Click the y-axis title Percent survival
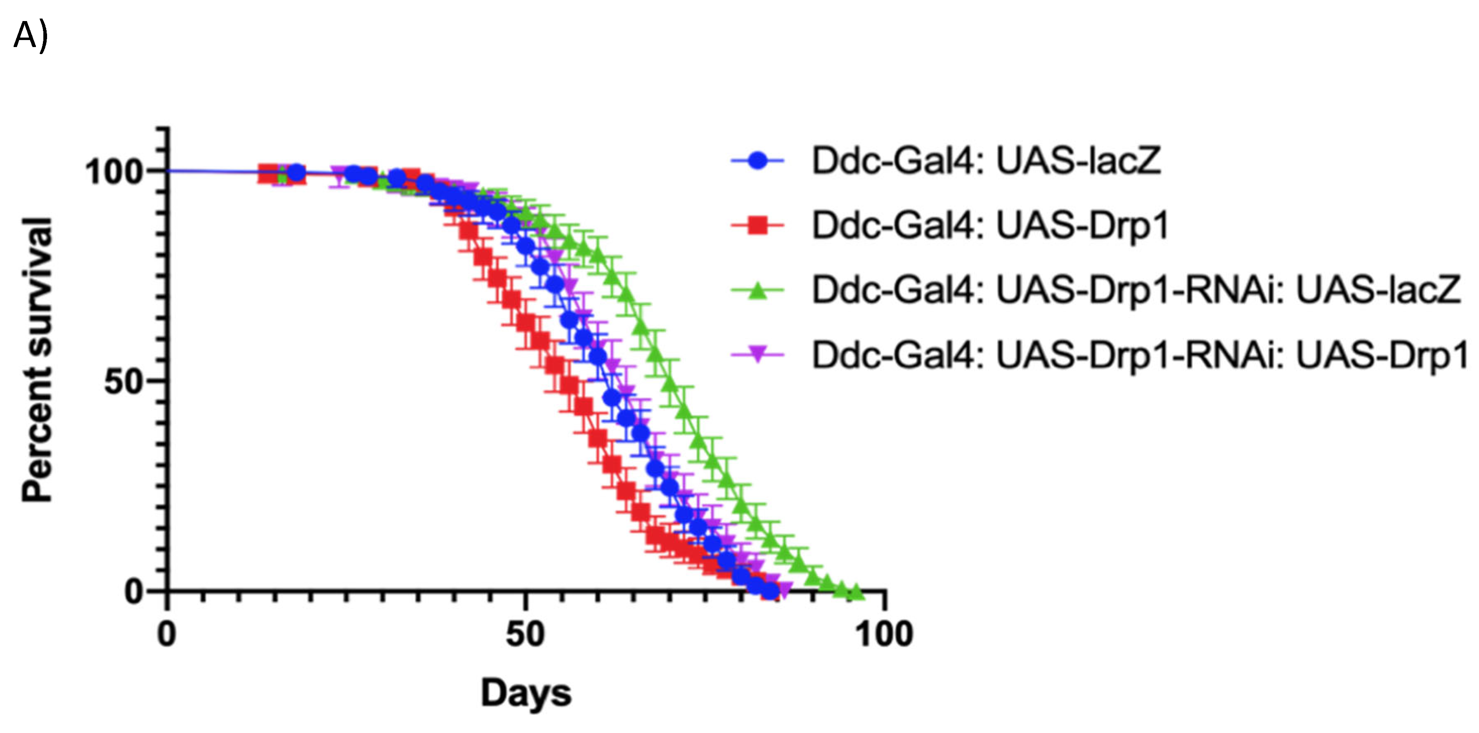(x=38, y=360)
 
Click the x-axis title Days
(x=526, y=693)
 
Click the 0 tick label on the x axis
(x=167, y=635)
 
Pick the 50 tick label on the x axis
(x=525, y=635)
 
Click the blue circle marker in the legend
(x=757, y=161)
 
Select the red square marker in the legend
(x=757, y=226)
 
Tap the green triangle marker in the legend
(x=757, y=291)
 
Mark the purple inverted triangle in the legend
(x=757, y=355)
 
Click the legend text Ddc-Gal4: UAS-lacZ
(x=986, y=161)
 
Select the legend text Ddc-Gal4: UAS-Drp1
(x=990, y=226)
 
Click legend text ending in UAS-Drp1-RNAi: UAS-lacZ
(x=1136, y=291)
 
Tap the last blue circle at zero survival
(x=769, y=591)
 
